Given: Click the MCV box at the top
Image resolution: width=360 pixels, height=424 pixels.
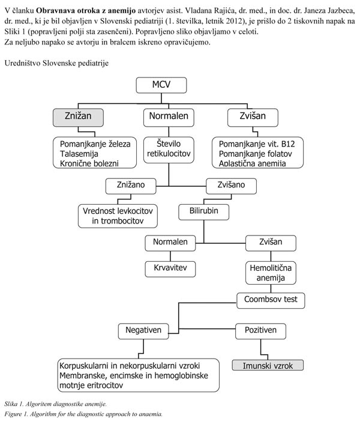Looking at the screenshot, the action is [x=161, y=85].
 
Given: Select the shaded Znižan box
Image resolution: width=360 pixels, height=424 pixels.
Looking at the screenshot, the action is [x=78, y=117].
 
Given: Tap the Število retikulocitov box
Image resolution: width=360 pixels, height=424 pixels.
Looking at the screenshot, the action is [x=169, y=150].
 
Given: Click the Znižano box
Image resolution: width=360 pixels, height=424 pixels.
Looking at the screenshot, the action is [x=131, y=186].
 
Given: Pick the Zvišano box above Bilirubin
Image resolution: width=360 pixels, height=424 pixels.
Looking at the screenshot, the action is [x=231, y=186].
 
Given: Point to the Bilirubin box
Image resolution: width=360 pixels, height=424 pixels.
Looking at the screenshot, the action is [x=203, y=212].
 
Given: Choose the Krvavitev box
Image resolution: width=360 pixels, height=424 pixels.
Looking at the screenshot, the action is [x=170, y=269].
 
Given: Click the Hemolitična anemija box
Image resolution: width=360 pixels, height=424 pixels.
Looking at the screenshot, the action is [x=271, y=273].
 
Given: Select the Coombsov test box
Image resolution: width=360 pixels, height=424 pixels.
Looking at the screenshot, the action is [x=271, y=300].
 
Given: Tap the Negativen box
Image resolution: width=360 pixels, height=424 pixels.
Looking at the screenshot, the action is [x=143, y=332].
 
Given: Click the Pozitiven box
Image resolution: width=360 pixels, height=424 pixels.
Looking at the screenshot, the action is [x=260, y=332].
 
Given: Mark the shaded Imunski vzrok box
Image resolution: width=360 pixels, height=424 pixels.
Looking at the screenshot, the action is [x=268, y=365].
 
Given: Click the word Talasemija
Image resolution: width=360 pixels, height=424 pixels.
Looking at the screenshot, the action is [x=79, y=154].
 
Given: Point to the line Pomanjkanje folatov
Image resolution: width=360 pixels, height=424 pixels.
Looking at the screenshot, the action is [x=255, y=154].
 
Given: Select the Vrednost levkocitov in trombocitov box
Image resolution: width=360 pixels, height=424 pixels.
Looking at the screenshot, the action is [x=118, y=216].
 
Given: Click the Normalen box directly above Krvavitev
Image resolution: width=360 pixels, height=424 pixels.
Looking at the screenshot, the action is [x=170, y=243].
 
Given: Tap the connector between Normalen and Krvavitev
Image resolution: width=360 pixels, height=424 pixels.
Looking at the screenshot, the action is [x=170, y=256].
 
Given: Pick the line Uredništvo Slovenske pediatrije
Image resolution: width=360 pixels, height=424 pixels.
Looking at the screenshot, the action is [x=56, y=63].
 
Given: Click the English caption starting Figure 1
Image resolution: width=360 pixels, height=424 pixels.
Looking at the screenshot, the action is [x=83, y=414].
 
